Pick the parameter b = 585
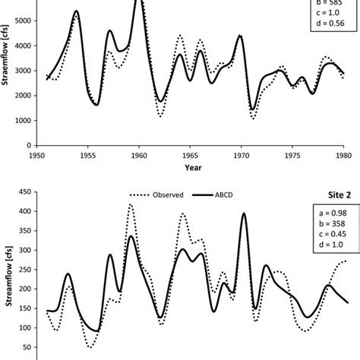tap(327, 11)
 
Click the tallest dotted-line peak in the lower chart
tap(131, 204)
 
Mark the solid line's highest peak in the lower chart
tap(244, 213)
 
